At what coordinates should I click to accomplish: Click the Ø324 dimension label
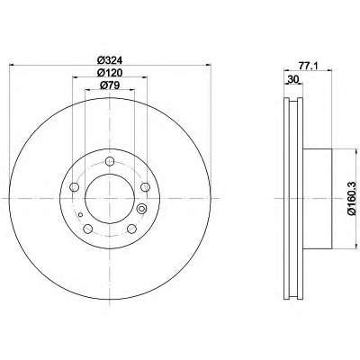click(x=110, y=60)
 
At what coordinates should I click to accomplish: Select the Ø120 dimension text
click(x=110, y=73)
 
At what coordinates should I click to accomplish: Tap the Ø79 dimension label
click(x=110, y=85)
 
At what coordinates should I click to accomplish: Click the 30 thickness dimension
click(x=293, y=79)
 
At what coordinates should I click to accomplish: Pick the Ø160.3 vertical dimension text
click(x=352, y=199)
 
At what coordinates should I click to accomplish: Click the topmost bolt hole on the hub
click(x=110, y=161)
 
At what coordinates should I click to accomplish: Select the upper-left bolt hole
click(x=74, y=187)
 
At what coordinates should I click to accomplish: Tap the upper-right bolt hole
click(x=146, y=187)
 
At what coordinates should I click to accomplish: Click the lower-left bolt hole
click(x=87, y=229)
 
